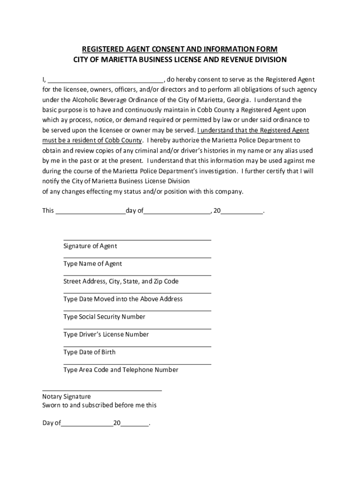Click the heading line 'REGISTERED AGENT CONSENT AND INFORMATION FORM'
coord(180,49)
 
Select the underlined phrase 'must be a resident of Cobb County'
coord(92,140)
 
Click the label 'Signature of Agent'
coord(90,246)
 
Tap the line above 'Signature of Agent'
coord(137,240)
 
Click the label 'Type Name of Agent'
coord(93,264)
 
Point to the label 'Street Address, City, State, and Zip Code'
coord(121,282)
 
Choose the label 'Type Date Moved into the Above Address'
coord(123,299)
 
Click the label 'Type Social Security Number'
coord(104,317)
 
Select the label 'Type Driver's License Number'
coord(106,334)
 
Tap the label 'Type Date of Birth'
coord(89,352)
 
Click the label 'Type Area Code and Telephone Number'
coord(121,370)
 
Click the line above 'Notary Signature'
coord(102,390)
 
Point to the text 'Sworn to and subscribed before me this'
coord(100,405)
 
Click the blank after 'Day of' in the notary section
coord(87,424)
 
